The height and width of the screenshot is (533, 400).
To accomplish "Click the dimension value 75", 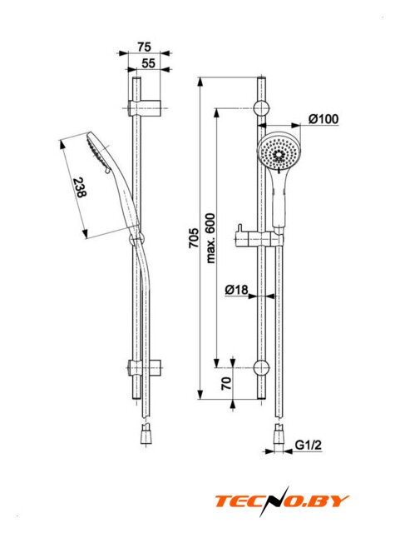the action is [144, 47].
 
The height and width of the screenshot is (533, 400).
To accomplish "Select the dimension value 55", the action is [148, 63].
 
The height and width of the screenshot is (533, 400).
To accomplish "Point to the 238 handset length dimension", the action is [80, 187].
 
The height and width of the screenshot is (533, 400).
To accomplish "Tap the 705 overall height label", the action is [194, 238].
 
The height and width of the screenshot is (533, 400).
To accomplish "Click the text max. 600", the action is [210, 238].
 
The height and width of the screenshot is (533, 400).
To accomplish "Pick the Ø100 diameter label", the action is [323, 119].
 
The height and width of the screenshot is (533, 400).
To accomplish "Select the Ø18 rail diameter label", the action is [237, 290].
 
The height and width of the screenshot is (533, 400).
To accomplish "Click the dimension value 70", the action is [226, 383].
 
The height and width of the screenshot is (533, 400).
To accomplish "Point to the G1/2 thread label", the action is [308, 445].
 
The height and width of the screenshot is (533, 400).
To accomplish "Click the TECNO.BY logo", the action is [282, 501].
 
